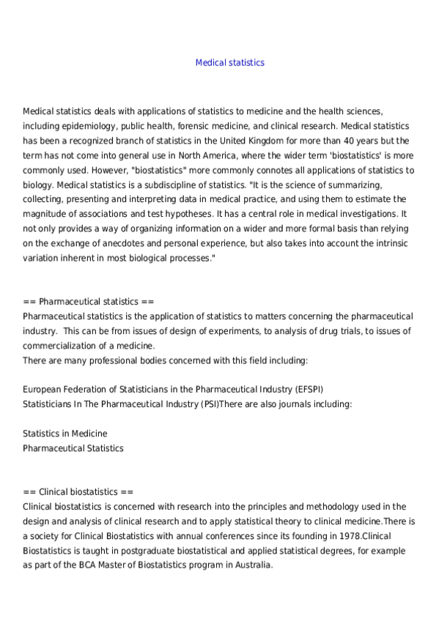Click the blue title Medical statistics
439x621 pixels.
point(229,63)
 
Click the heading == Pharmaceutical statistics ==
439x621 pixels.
point(89,302)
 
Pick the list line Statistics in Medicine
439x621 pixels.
point(65,434)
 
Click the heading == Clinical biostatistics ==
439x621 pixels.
point(78,492)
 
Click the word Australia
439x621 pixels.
point(253,565)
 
